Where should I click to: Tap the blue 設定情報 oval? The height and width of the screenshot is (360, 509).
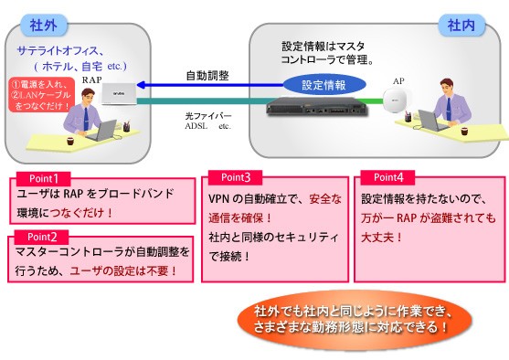click(x=323, y=85)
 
